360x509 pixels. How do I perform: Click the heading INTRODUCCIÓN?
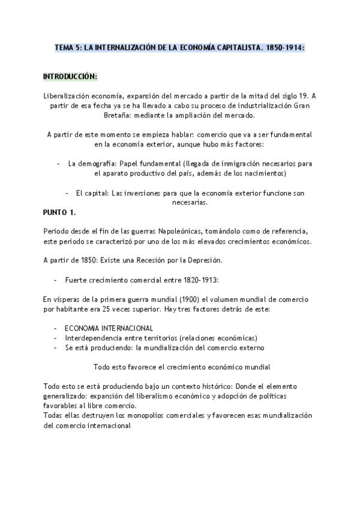[70, 77]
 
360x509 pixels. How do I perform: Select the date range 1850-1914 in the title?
[286, 47]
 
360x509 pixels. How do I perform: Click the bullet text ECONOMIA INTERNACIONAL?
[109, 328]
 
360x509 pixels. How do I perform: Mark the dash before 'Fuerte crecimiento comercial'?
[55, 280]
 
